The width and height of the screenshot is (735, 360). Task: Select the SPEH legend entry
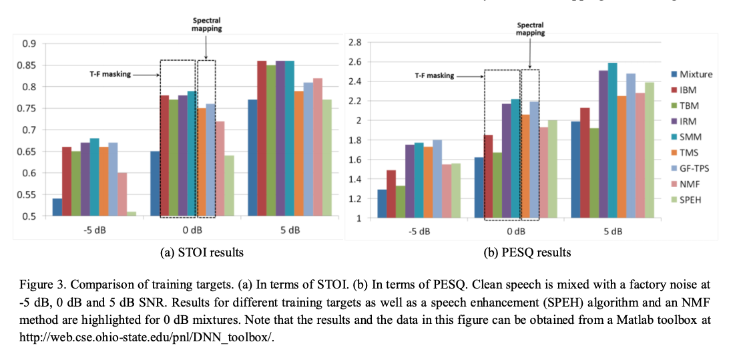(x=690, y=200)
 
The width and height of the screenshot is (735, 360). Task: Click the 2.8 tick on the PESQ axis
(x=354, y=43)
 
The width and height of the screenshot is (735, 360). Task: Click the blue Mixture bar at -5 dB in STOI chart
(x=57, y=207)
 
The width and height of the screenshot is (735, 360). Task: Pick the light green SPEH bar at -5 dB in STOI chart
(x=132, y=214)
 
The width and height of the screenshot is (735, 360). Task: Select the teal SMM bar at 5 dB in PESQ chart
(x=612, y=140)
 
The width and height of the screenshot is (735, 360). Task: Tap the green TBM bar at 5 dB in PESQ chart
(x=593, y=173)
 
